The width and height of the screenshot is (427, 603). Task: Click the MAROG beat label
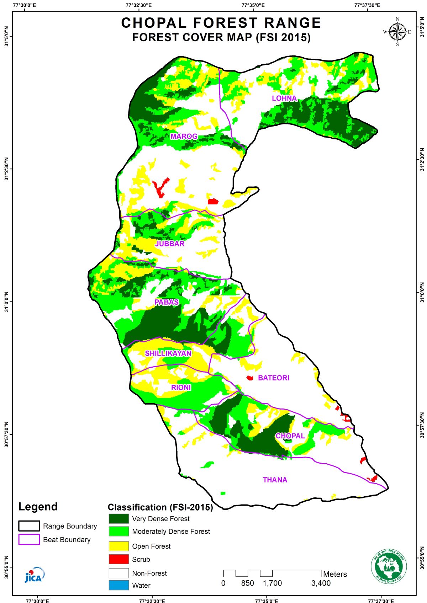tap(184, 137)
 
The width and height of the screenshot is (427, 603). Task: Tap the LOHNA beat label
tap(284, 98)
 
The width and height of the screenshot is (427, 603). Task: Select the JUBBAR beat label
tap(170, 244)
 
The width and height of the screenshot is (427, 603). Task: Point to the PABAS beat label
tap(167, 302)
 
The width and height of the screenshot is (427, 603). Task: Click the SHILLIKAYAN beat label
tap(168, 353)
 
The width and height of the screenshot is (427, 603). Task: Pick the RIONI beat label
tap(181, 388)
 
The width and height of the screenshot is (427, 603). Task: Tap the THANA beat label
tap(275, 480)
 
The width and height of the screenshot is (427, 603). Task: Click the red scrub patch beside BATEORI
tap(250, 378)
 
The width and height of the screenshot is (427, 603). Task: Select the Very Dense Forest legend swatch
tap(118, 518)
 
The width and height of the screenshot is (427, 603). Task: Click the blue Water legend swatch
tap(118, 585)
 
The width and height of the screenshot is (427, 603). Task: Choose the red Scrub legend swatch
tap(118, 559)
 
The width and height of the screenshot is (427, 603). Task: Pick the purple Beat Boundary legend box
tap(29, 539)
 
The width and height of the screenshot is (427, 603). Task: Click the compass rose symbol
tap(397, 32)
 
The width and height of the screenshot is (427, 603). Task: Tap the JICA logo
tap(35, 575)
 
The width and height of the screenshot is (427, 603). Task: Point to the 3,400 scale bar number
tap(321, 583)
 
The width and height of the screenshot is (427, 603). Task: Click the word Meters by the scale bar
tap(335, 574)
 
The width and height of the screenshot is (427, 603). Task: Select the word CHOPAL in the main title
tap(154, 23)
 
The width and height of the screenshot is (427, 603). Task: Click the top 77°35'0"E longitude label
tap(253, 5)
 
